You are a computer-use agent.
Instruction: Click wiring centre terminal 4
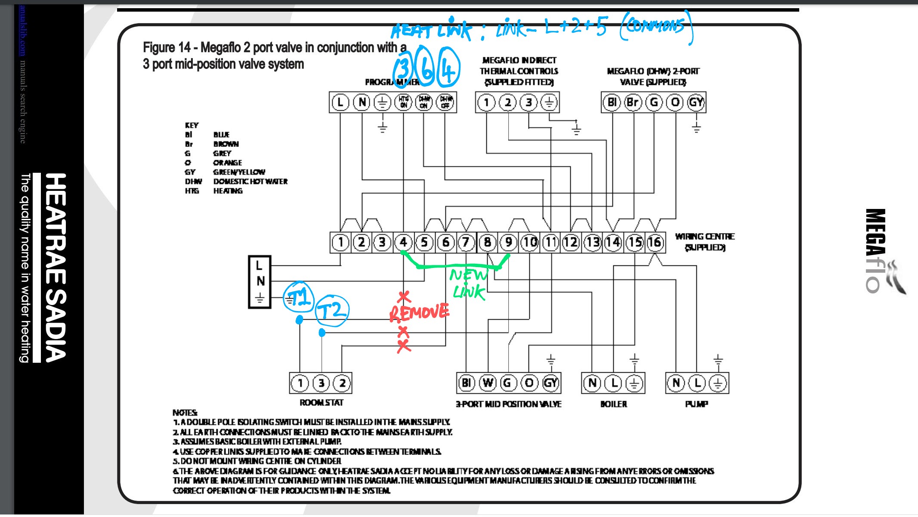tap(403, 243)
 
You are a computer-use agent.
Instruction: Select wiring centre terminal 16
tap(655, 243)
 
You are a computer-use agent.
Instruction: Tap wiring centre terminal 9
tap(508, 243)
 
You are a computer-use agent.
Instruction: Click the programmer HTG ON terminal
tap(403, 103)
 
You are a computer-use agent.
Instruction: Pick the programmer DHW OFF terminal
tap(445, 103)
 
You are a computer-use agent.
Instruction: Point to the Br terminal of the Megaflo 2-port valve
tap(633, 103)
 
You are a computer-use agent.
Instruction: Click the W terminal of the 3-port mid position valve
tap(488, 383)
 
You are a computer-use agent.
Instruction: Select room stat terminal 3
tap(321, 383)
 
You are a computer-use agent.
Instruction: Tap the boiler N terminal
tap(593, 383)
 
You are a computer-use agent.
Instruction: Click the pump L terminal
tap(697, 383)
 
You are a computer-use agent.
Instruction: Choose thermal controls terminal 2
tap(508, 103)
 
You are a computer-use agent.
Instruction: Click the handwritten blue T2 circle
tap(332, 310)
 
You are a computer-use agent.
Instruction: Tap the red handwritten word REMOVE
tap(419, 312)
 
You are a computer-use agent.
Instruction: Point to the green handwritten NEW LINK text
tap(469, 283)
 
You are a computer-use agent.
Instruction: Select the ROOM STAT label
tap(321, 403)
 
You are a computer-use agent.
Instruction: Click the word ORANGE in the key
tap(228, 163)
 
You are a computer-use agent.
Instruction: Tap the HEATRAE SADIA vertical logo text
tap(56, 267)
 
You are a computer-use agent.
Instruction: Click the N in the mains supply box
tap(260, 281)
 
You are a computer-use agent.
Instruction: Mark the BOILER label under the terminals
tap(614, 404)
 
